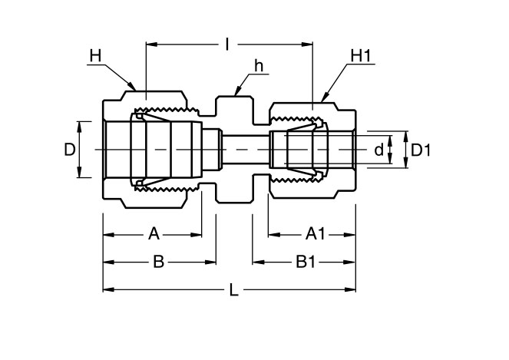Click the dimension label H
tap(95, 55)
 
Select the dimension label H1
tap(360, 56)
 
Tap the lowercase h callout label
tap(259, 66)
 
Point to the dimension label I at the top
tap(227, 45)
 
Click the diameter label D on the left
tap(68, 150)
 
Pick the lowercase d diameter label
tap(378, 150)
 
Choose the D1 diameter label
tap(421, 150)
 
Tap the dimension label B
tap(158, 262)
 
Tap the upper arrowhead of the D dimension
tap(80, 123)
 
